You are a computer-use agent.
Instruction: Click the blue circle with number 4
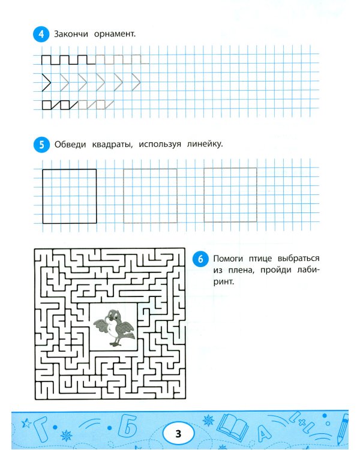pos(41,34)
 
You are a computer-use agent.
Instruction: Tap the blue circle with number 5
pos(41,145)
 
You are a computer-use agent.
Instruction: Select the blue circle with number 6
pos(200,259)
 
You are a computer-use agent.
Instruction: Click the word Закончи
pos(71,34)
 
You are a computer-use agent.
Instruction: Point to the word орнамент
pos(115,34)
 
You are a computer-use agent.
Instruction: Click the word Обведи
pos(70,144)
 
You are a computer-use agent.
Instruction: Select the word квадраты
pos(112,144)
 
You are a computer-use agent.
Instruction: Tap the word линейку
pos(205,144)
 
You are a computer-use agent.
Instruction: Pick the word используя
pos(160,144)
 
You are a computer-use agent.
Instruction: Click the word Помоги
pos(228,258)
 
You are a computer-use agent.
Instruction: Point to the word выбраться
pos(298,258)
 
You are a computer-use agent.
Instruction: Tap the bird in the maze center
pos(114,328)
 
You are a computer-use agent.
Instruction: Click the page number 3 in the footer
pos(178,433)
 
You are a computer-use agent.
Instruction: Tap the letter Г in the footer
pos(40,428)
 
